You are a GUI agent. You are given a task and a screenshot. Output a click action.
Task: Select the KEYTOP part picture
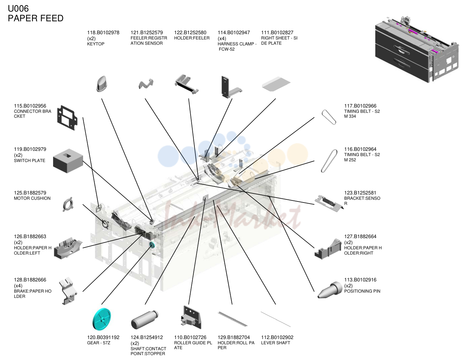click(102, 84)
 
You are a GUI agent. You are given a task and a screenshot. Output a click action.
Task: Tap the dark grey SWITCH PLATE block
click(68, 161)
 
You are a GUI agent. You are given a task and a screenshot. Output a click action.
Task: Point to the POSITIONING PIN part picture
click(330, 290)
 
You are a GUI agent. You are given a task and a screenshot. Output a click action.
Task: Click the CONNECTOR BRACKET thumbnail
click(67, 118)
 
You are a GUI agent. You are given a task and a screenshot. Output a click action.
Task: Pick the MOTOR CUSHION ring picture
click(68, 204)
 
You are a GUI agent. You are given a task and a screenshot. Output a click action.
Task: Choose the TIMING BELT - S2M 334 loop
click(329, 117)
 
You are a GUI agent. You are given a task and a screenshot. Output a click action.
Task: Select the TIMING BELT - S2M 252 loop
click(329, 161)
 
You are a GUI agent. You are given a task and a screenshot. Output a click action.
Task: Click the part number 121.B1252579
click(147, 33)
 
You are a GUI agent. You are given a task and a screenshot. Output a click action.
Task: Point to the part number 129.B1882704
click(234, 337)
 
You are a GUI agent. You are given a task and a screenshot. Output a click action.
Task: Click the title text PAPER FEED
click(36, 18)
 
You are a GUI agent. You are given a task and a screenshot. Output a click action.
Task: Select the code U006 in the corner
click(18, 9)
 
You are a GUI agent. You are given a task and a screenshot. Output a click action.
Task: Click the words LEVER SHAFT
click(275, 343)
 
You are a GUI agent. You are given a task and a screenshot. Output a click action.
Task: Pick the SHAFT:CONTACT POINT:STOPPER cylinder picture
click(144, 319)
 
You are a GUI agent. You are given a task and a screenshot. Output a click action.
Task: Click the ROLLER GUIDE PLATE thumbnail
click(191, 317)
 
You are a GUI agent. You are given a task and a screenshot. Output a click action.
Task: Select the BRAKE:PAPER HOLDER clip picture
click(68, 291)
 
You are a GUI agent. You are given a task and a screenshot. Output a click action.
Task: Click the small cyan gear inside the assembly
click(152, 245)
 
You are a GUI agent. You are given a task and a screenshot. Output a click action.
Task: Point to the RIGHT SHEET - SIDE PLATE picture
click(276, 84)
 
